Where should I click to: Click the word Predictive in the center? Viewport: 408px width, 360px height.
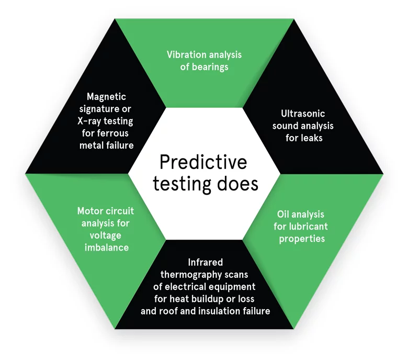(203, 162)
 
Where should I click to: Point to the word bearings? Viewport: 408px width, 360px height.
(210, 67)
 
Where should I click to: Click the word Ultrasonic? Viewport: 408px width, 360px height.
(303, 114)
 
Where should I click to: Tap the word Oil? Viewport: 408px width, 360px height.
(282, 214)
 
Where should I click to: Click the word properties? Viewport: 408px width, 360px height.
(302, 239)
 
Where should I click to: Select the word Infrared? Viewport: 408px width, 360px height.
(205, 262)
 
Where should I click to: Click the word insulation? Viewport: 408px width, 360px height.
(220, 311)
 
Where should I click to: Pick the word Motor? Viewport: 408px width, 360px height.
(90, 211)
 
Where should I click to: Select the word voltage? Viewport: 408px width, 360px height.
(105, 235)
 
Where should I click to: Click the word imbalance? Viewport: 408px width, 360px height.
(107, 248)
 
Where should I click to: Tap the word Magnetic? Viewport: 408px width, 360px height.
(106, 97)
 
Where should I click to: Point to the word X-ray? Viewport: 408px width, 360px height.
(90, 121)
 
